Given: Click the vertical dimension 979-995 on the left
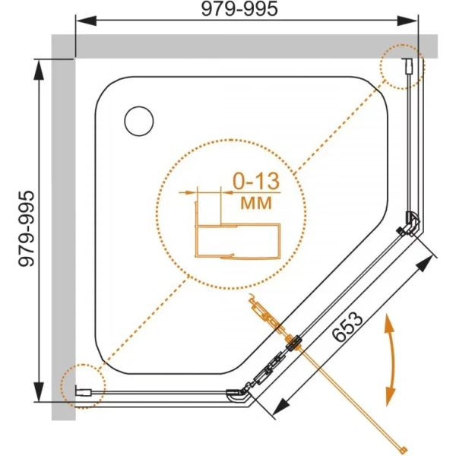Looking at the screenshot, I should tap(26, 229).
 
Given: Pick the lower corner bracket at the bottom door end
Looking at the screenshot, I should tap(239, 391).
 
